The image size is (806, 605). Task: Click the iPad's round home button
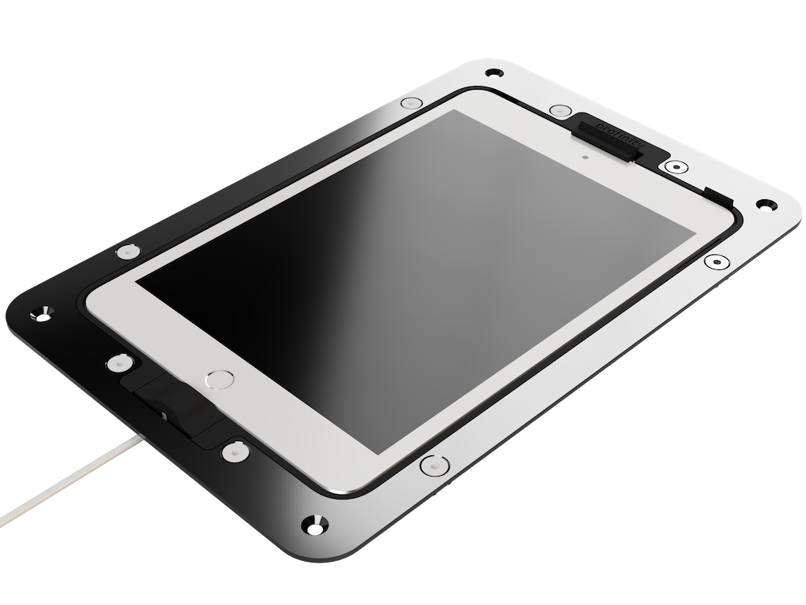pyautogui.click(x=220, y=380)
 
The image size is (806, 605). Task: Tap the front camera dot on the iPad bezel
pyautogui.click(x=586, y=155)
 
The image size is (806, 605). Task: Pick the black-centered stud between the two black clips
pyautogui.click(x=675, y=167)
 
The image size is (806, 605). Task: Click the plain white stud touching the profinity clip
pyautogui.click(x=560, y=111)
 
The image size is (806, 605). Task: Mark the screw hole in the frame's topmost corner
pyautogui.click(x=494, y=72)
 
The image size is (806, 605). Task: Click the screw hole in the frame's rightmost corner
pyautogui.click(x=763, y=204)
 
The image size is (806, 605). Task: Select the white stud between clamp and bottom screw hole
pyautogui.click(x=233, y=452)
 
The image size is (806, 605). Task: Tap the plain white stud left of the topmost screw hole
pyautogui.click(x=411, y=103)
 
